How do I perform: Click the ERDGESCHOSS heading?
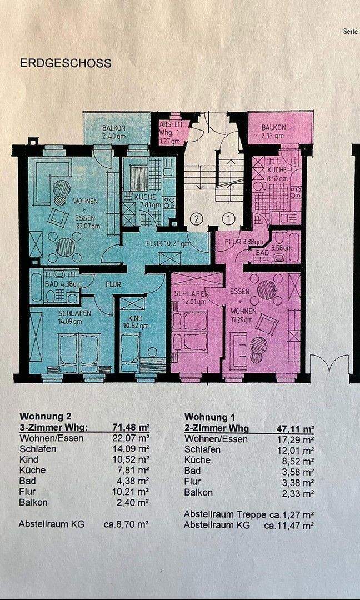tap(66, 63)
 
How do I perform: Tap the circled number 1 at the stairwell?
tap(228, 218)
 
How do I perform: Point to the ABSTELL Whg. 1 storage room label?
tap(171, 133)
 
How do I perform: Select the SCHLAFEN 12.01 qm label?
tap(191, 298)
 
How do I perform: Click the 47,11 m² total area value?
tap(296, 428)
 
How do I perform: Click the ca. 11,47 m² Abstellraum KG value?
tap(289, 525)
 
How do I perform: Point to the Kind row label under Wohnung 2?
tap(28, 459)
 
